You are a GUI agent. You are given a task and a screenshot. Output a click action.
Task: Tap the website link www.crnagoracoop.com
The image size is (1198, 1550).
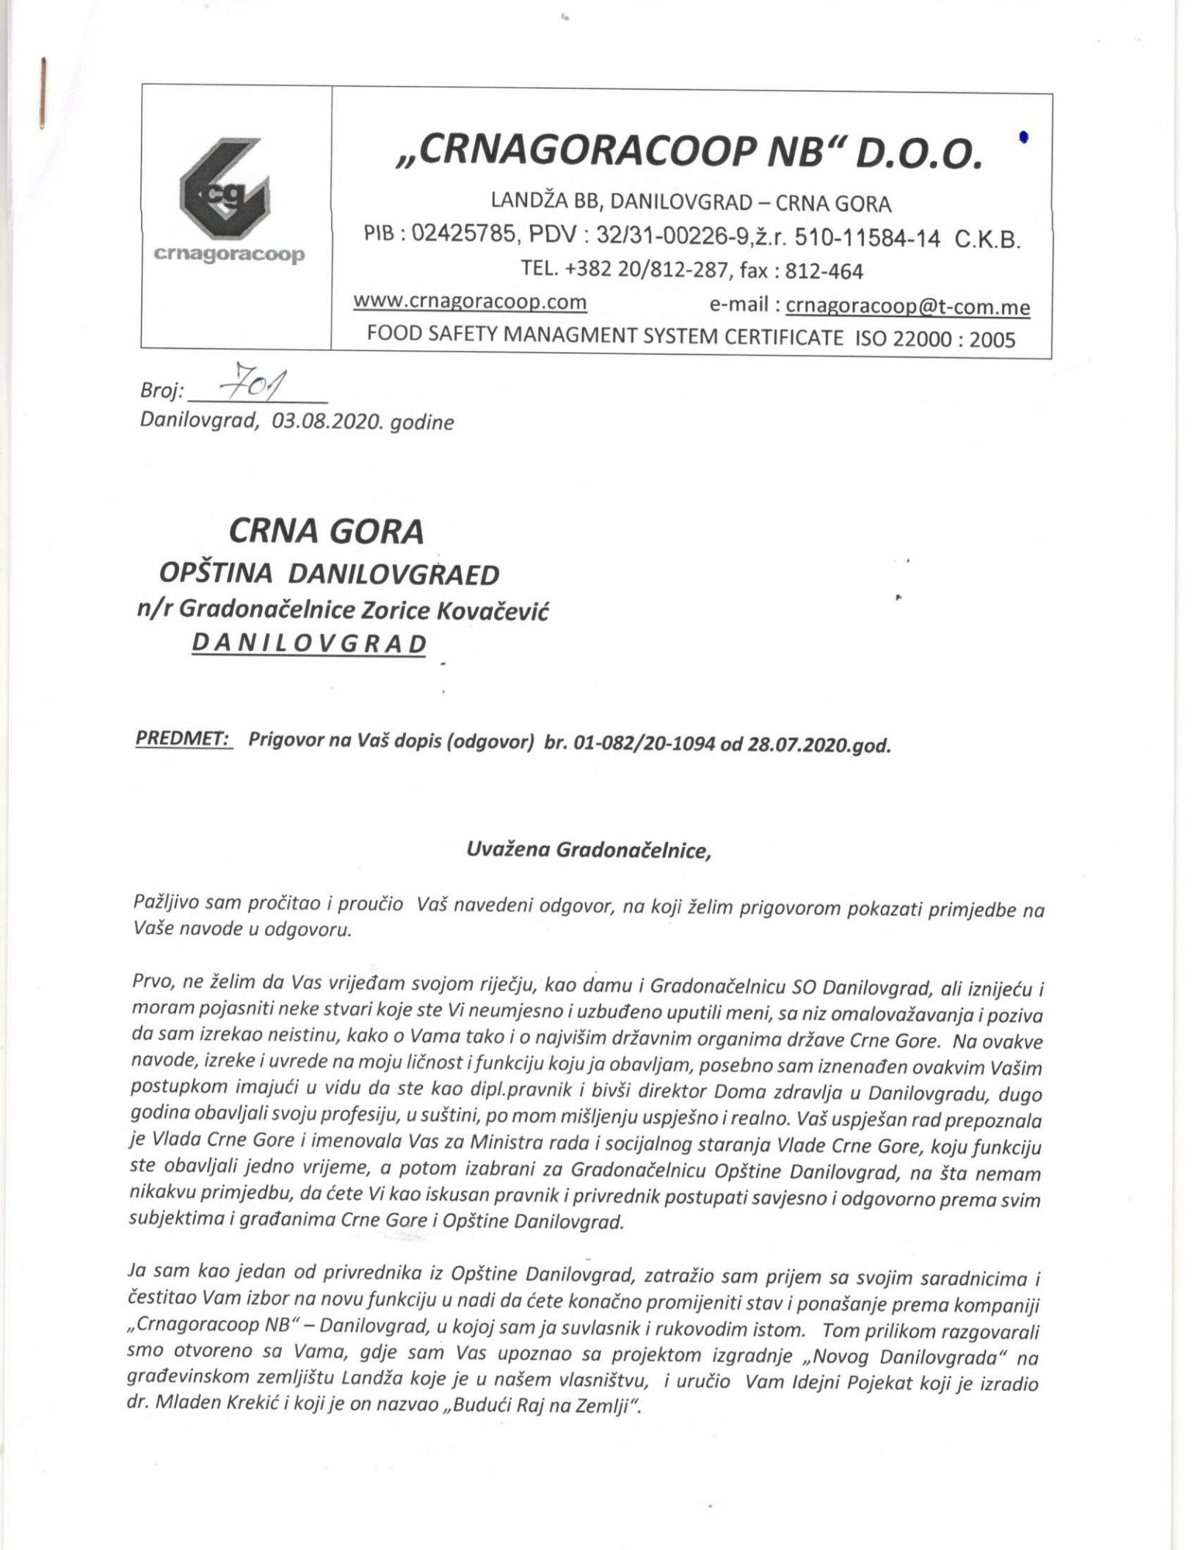pyautogui.click(x=470, y=302)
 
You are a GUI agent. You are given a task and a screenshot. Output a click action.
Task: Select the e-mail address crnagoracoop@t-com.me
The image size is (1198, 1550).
pyautogui.click(x=907, y=307)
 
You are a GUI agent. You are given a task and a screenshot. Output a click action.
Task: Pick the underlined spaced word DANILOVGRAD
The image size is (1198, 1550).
pyautogui.click(x=309, y=644)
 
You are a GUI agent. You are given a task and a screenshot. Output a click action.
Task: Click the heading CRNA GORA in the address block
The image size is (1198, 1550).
pyautogui.click(x=327, y=532)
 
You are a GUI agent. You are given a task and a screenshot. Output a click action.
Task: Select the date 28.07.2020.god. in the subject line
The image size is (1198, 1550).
pyautogui.click(x=819, y=746)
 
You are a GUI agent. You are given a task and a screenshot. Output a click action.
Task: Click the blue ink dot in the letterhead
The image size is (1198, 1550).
pyautogui.click(x=1023, y=137)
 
